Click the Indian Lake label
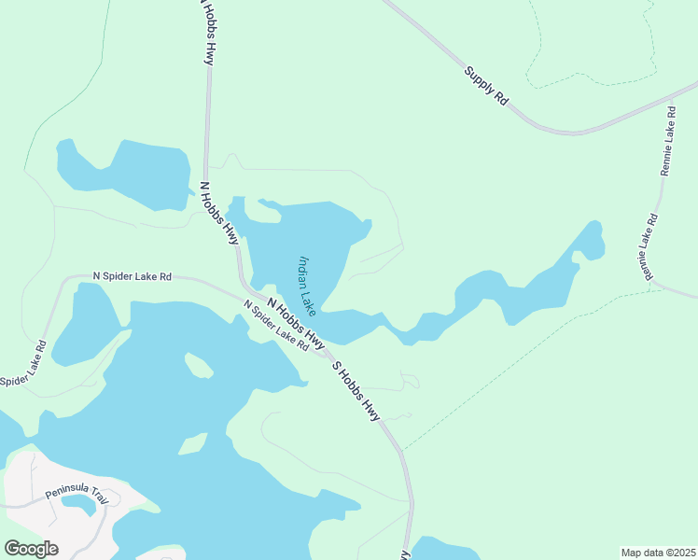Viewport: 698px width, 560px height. click(308, 286)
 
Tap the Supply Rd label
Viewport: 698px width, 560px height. click(485, 84)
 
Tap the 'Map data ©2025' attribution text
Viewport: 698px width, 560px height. click(659, 553)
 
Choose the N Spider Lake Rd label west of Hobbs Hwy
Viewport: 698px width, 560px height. click(132, 276)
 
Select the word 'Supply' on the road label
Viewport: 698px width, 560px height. click(477, 77)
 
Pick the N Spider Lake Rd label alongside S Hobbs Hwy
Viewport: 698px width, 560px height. click(276, 325)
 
